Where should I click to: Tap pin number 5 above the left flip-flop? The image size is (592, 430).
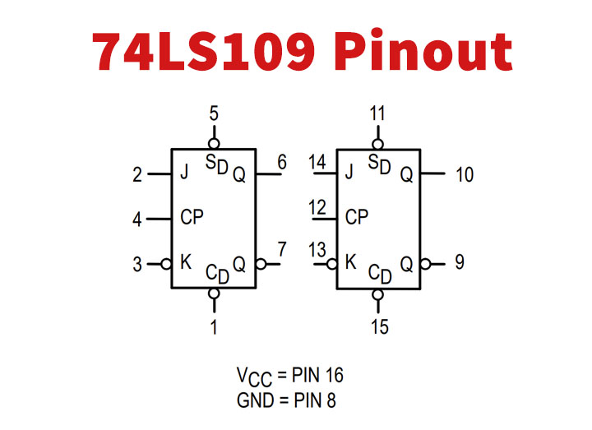(214, 114)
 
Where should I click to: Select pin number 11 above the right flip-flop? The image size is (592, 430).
(377, 114)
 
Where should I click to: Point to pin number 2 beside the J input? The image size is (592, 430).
(138, 174)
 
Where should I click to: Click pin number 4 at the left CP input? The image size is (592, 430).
(138, 220)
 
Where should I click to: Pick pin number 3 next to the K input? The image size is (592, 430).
(138, 264)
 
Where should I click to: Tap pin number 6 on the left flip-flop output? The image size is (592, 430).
(281, 163)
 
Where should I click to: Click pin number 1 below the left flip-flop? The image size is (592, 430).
(214, 327)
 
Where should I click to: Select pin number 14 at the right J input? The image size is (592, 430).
(317, 163)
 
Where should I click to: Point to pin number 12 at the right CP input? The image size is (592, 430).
(317, 207)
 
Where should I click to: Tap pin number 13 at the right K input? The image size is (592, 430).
(317, 251)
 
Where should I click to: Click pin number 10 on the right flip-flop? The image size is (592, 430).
(465, 174)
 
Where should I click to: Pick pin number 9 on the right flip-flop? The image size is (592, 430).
(459, 262)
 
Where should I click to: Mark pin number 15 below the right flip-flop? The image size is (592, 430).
(379, 327)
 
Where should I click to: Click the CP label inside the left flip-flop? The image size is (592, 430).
(192, 218)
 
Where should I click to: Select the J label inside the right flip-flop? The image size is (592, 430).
(349, 173)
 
